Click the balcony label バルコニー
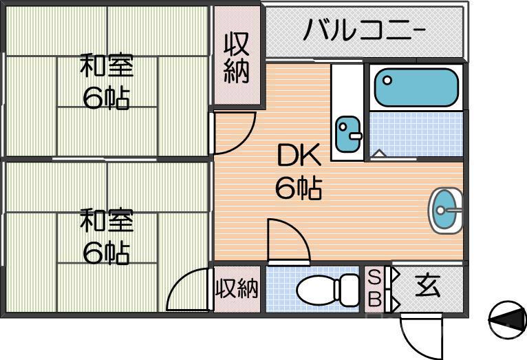[365, 31]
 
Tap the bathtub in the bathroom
[416, 87]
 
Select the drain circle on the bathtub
[387, 80]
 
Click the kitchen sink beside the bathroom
[348, 134]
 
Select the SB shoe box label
[375, 289]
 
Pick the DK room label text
[299, 158]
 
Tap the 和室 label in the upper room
[106, 67]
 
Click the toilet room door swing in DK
[287, 241]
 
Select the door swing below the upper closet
[233, 132]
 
